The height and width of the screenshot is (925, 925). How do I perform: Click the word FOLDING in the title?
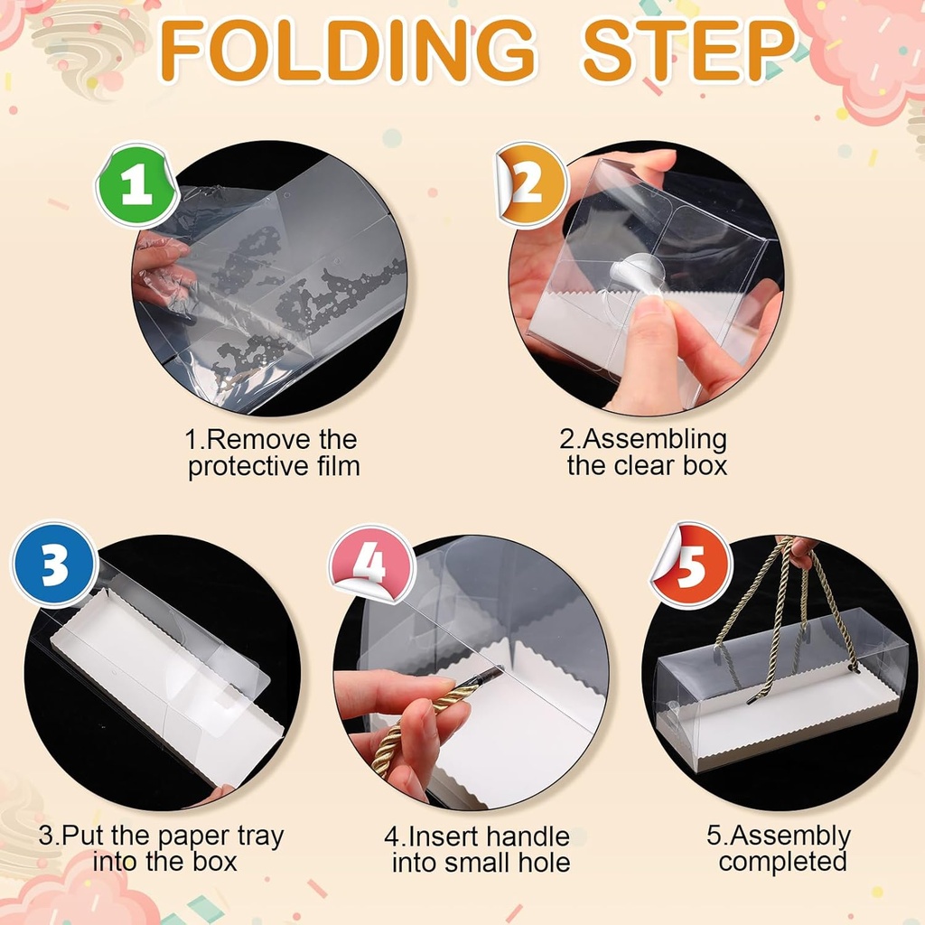pyautogui.click(x=348, y=51)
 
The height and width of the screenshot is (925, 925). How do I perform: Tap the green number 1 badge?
pyautogui.click(x=137, y=184)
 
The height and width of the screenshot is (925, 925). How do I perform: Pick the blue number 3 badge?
pyautogui.click(x=55, y=564)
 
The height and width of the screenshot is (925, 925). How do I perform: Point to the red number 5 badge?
pyautogui.click(x=691, y=565)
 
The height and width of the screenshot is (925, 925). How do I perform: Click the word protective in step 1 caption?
pyautogui.click(x=248, y=467)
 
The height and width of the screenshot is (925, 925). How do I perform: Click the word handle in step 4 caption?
pyautogui.click(x=528, y=836)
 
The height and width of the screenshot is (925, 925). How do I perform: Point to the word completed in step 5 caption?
pyautogui.click(x=783, y=862)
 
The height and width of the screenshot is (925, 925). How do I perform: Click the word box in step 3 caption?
pyautogui.click(x=214, y=862)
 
